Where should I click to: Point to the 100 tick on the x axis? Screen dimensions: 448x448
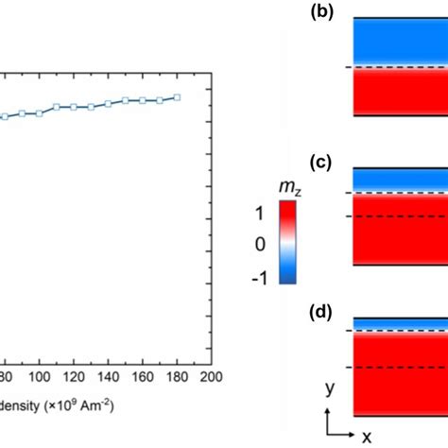[x=39, y=376]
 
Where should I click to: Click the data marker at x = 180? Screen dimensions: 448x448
[x=177, y=97]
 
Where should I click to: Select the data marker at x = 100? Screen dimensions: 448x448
[x=39, y=112]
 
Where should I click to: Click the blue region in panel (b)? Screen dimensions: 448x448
[x=397, y=43]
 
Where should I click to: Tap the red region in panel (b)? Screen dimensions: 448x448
[x=397, y=95]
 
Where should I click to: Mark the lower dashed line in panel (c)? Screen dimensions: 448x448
[x=397, y=216]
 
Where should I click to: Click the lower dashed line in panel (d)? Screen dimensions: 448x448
[x=397, y=367]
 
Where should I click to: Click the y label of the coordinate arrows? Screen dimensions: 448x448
[x=328, y=388]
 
